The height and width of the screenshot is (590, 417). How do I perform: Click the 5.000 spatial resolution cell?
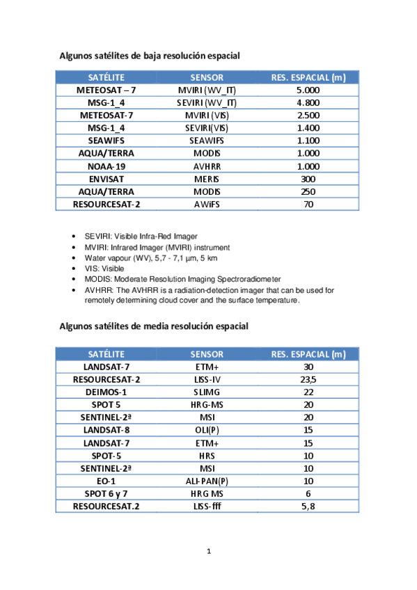click(x=308, y=90)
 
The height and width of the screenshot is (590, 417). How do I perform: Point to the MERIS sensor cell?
click(x=207, y=179)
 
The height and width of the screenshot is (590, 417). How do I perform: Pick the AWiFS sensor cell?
click(x=207, y=205)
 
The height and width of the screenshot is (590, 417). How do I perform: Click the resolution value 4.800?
click(x=308, y=102)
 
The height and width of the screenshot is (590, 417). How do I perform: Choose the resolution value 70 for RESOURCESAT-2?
click(x=308, y=205)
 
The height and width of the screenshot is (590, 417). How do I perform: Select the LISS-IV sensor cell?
click(x=207, y=379)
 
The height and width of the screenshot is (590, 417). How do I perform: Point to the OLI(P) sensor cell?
click(x=207, y=430)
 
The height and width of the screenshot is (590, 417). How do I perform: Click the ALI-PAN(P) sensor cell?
click(x=207, y=481)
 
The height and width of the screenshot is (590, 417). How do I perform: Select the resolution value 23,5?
click(x=308, y=379)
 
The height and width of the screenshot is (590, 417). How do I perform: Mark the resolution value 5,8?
click(x=308, y=507)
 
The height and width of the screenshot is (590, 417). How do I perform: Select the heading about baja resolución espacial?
click(x=149, y=56)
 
